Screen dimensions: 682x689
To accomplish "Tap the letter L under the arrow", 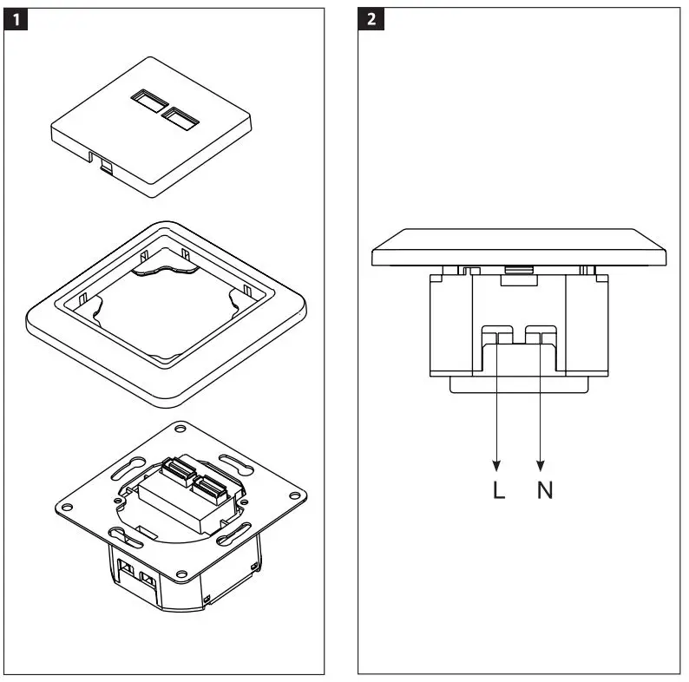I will (497, 490).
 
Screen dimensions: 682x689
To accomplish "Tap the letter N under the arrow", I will (544, 490).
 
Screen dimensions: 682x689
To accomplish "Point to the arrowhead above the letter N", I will (541, 463).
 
